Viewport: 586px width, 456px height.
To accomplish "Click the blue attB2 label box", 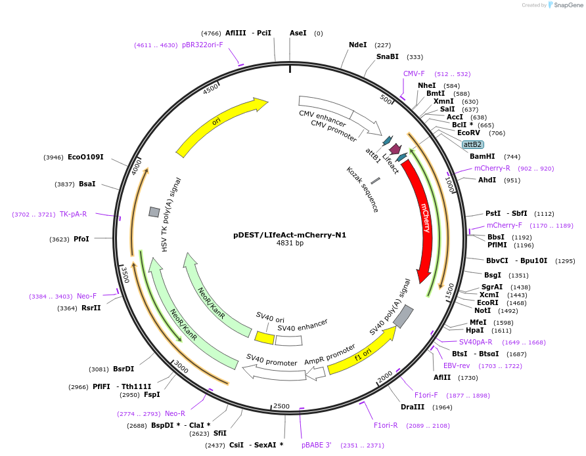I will [472, 144].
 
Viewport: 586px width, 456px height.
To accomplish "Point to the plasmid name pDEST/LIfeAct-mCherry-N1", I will [290, 234].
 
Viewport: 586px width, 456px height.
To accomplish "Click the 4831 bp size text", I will [290, 243].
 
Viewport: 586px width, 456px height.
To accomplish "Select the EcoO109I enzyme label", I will [85, 157].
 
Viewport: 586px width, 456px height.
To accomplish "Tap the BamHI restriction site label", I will [482, 157].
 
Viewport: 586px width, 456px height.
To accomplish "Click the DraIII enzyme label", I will [413, 407].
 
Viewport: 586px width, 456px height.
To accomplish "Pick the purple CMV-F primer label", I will [414, 73].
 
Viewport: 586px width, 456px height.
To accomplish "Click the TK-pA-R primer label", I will [74, 214].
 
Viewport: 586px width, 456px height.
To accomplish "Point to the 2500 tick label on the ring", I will [281, 406].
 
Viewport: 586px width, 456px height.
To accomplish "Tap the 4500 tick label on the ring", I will [211, 89].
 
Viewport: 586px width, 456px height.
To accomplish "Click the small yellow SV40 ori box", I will [264, 338].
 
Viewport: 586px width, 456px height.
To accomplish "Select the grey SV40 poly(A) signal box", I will [403, 317].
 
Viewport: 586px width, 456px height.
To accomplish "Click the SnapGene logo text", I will [568, 5].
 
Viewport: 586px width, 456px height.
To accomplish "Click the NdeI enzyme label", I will [358, 45].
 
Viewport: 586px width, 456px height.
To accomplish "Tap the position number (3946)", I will [54, 157].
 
